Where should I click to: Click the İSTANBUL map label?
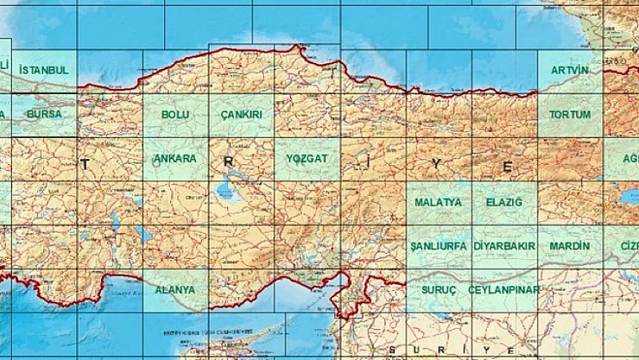point(43,69)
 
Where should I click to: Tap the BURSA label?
point(43,114)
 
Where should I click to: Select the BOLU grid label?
point(175,114)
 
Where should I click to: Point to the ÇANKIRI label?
point(241,114)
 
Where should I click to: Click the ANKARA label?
point(175,159)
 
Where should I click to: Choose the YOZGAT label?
point(307,159)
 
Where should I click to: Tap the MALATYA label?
point(438,202)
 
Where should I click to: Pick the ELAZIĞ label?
point(504,202)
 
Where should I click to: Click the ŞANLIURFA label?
point(438,246)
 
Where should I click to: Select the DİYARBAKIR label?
point(504,246)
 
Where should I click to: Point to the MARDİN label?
point(570,246)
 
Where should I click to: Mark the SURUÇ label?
point(438,290)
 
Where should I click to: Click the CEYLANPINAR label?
point(504,290)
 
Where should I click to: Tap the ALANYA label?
point(175,290)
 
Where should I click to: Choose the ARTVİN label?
point(570,69)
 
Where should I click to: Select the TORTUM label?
point(570,114)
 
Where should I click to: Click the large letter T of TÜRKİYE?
point(85,164)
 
